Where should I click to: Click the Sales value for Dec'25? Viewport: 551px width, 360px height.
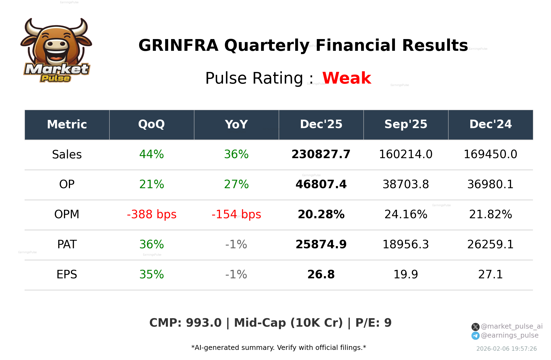pyautogui.click(x=321, y=154)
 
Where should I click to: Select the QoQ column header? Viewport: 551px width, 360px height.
pyautogui.click(x=151, y=125)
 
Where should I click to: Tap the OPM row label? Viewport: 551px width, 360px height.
pyautogui.click(x=67, y=214)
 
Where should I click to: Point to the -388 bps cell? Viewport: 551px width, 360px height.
pyautogui.click(x=151, y=214)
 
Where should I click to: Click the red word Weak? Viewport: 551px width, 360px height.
pyautogui.click(x=347, y=78)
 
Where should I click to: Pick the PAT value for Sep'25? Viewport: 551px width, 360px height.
pyautogui.click(x=406, y=244)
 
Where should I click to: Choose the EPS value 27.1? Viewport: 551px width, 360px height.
pyautogui.click(x=490, y=275)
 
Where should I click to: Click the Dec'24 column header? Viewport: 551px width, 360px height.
pyautogui.click(x=490, y=125)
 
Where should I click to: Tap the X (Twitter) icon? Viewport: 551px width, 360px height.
pyautogui.click(x=475, y=327)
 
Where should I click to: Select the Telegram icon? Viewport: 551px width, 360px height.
pyautogui.click(x=475, y=336)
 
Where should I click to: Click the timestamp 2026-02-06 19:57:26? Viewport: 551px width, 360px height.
pyautogui.click(x=506, y=349)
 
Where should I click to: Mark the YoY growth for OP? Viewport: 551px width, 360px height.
pyautogui.click(x=236, y=184)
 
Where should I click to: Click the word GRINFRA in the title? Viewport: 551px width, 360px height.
pyautogui.click(x=178, y=45)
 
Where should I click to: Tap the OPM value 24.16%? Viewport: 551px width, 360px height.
pyautogui.click(x=406, y=214)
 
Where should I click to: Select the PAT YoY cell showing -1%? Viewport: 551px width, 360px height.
pyautogui.click(x=236, y=244)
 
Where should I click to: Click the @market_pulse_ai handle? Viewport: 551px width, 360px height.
pyautogui.click(x=511, y=326)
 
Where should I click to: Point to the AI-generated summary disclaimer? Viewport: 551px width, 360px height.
pyautogui.click(x=279, y=348)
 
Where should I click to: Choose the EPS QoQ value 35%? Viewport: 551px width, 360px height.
pyautogui.click(x=151, y=275)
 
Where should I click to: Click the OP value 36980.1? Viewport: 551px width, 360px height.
pyautogui.click(x=490, y=184)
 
